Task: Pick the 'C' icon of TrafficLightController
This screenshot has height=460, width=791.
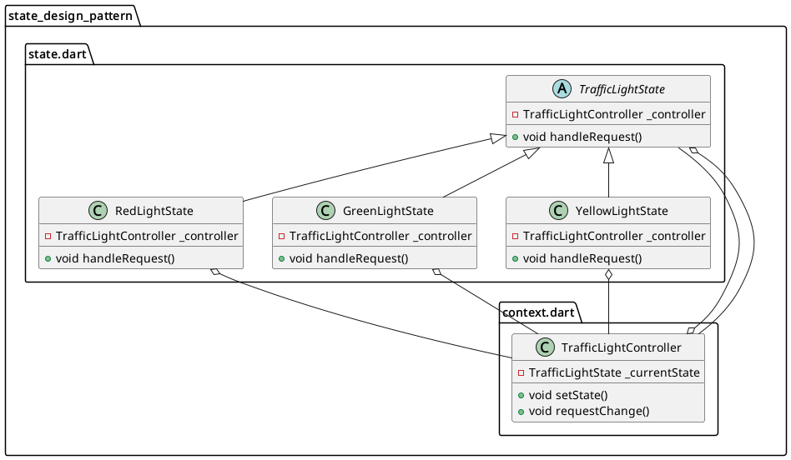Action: point(528,347)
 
